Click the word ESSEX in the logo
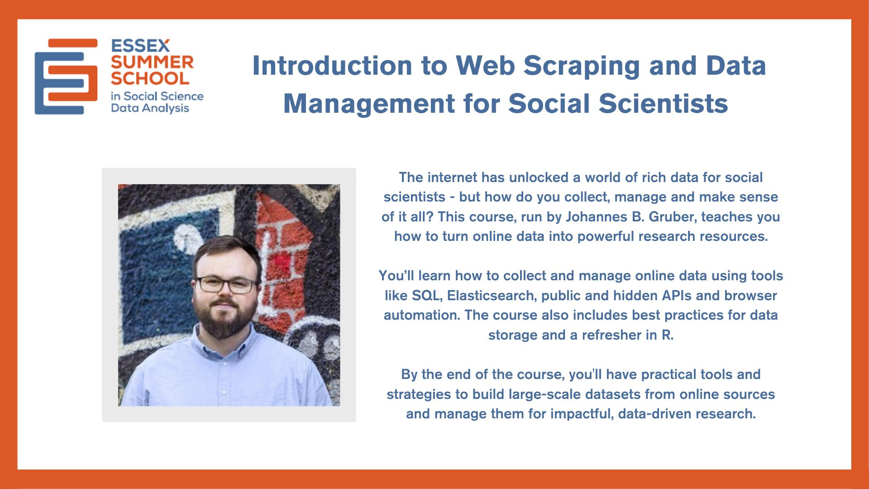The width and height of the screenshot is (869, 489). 140,46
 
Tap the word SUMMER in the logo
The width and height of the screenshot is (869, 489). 152,62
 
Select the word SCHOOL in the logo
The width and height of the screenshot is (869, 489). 150,78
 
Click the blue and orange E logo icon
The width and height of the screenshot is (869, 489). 66,77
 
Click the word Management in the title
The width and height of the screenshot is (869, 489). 369,104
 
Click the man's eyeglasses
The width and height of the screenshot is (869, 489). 226,284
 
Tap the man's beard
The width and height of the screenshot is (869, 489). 225,317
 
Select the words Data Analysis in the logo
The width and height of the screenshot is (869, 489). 150,109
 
